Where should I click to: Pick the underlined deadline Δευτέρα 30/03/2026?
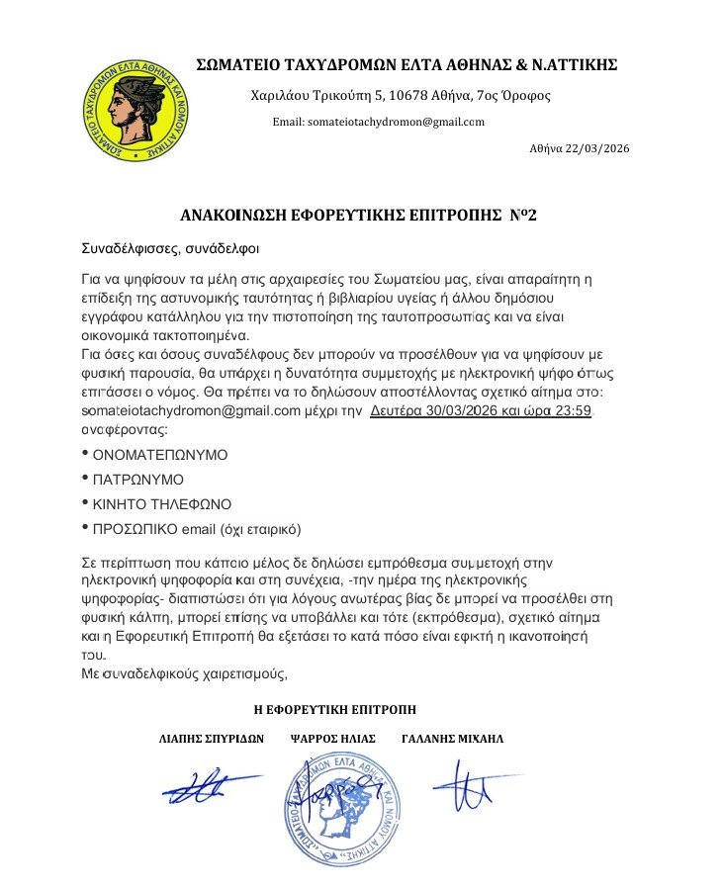(442, 409)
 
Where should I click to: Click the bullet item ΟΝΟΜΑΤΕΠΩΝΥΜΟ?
(159, 455)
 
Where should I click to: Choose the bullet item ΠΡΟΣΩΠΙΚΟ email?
(195, 528)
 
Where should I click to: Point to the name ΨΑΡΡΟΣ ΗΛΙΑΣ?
(333, 739)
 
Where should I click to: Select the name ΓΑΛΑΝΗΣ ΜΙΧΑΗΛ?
(453, 739)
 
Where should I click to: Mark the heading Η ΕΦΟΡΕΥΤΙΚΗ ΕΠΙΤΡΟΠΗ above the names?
(335, 709)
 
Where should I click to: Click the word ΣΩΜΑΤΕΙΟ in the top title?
(237, 65)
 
